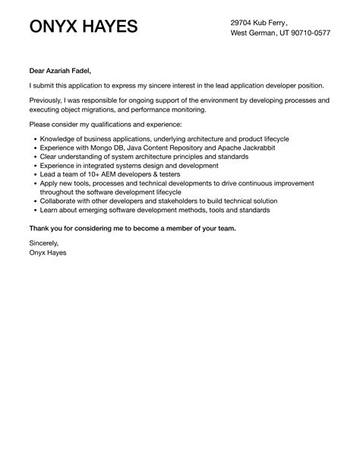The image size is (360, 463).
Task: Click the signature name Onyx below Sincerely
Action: [39, 252]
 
